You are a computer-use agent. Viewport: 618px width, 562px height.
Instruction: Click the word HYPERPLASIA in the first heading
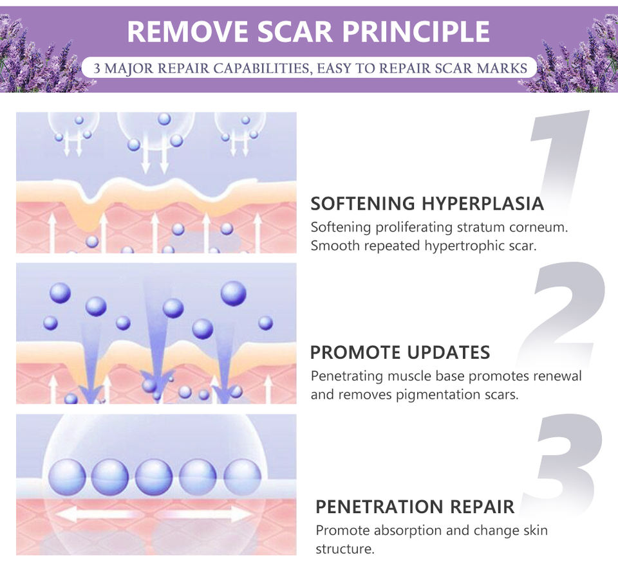tap(482, 204)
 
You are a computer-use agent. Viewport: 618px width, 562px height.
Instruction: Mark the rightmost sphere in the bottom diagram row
tap(242, 477)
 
